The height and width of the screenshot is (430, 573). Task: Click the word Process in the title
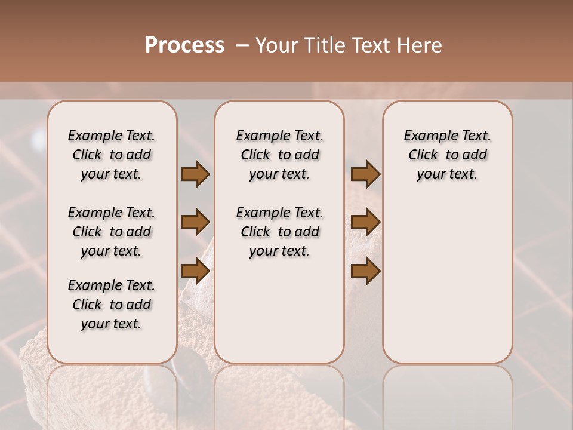point(184,45)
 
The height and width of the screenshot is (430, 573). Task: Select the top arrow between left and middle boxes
point(195,174)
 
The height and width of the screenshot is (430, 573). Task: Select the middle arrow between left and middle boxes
point(195,222)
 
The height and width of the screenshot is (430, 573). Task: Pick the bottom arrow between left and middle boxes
point(195,271)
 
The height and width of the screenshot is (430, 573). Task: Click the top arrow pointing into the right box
point(365,174)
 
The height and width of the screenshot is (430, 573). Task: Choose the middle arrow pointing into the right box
point(365,222)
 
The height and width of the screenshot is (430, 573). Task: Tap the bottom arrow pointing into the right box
point(365,271)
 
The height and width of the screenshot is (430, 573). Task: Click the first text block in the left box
point(112,155)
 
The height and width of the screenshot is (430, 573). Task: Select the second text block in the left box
point(112,232)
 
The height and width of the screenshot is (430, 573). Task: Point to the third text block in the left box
point(112,305)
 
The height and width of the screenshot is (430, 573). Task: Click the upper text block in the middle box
point(279,155)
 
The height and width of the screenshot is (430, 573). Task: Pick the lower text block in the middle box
point(279,232)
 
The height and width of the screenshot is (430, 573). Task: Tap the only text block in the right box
point(447,155)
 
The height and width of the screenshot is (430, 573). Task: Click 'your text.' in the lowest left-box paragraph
point(112,324)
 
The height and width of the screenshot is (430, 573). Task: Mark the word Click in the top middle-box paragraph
point(255,155)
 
